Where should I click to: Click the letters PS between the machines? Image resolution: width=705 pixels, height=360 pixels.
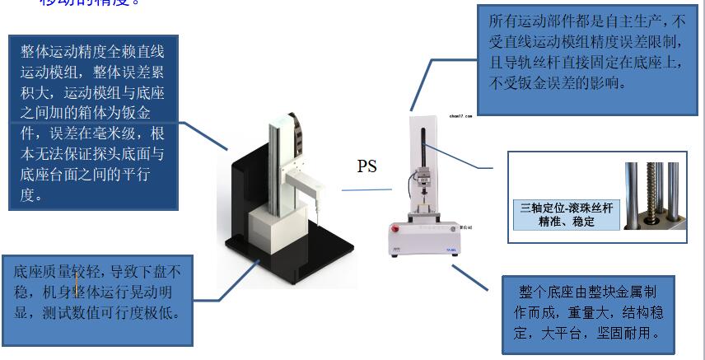tap(367, 166)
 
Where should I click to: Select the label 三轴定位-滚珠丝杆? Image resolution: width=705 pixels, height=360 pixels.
tap(563, 208)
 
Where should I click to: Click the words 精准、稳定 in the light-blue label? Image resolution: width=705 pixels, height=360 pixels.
tap(563, 222)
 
